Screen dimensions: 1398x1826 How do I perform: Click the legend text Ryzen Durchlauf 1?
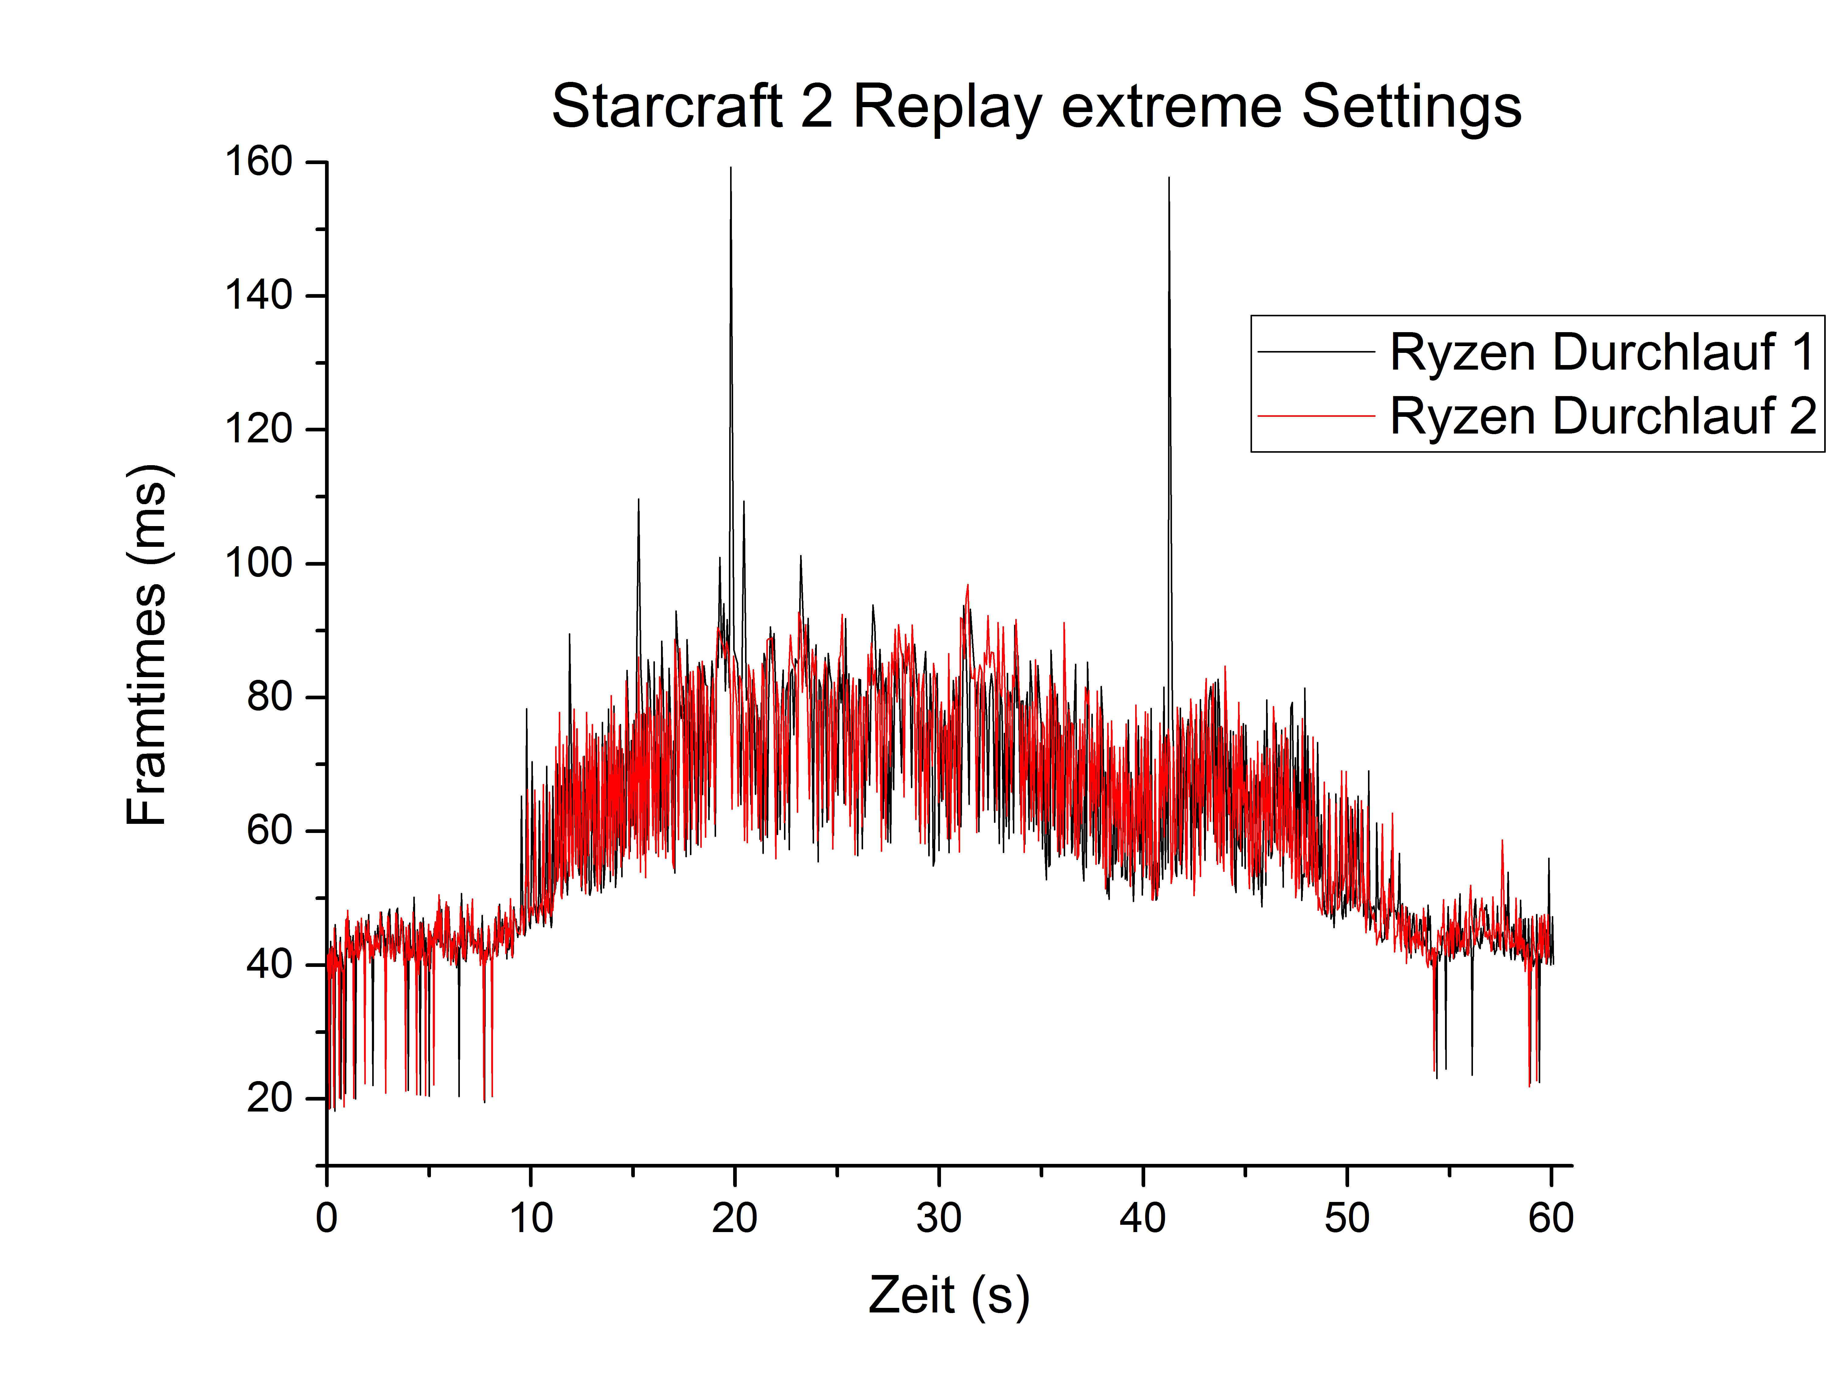(1601, 352)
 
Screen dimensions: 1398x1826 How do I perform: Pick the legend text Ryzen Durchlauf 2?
(1601, 416)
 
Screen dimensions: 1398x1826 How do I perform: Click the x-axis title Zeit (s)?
(948, 1296)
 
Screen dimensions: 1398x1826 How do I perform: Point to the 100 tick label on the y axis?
(259, 563)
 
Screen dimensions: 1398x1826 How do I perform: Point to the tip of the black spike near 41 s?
(1169, 178)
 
